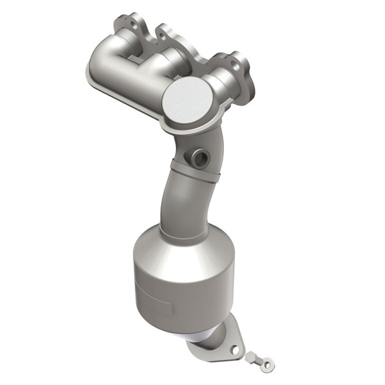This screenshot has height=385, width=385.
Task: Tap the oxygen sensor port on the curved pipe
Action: tap(197, 156)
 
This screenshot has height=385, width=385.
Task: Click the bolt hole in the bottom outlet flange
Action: tap(235, 351)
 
